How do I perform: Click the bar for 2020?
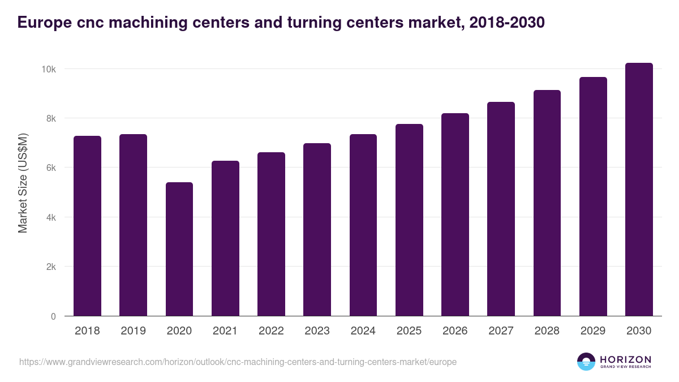tap(179, 249)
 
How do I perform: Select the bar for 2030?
tap(639, 190)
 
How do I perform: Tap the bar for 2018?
tap(87, 226)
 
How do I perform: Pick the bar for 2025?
tap(409, 220)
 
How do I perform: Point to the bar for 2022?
tap(271, 234)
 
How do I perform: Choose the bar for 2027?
tap(501, 209)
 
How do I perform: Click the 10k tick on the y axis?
tap(48, 69)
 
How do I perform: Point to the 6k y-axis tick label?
tap(50, 168)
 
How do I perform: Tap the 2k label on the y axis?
tap(50, 267)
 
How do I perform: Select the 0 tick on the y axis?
tap(53, 316)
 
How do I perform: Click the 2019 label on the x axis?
tap(133, 331)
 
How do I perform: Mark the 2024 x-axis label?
tap(363, 331)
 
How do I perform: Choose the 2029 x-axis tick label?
tap(593, 331)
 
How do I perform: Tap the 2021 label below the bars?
tap(225, 331)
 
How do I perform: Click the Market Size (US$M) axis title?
tap(23, 183)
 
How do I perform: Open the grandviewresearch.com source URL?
tap(238, 362)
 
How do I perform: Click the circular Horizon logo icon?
tap(586, 362)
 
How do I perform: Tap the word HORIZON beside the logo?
tap(625, 359)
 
